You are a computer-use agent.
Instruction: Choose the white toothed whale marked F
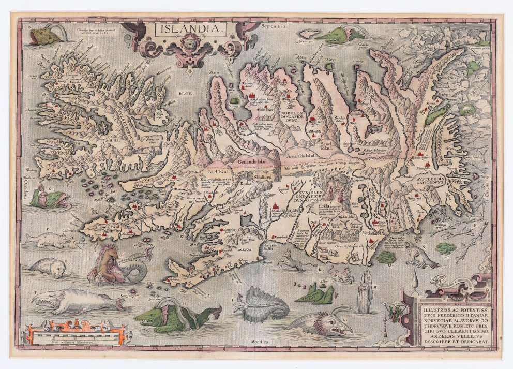point(78,300)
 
